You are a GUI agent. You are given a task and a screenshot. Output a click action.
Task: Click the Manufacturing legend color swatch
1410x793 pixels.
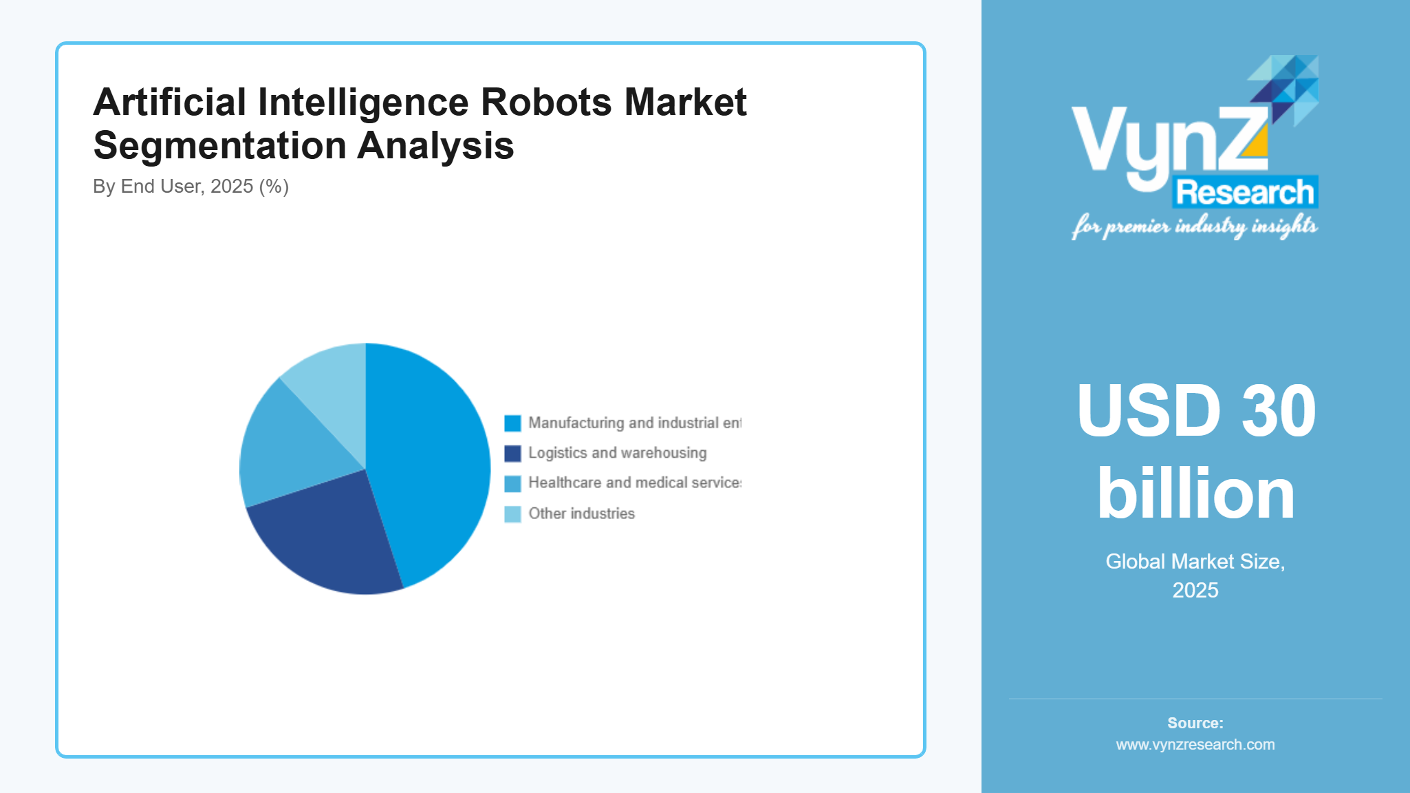[x=512, y=423]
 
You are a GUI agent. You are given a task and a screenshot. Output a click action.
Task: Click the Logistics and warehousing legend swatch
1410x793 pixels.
[x=512, y=454]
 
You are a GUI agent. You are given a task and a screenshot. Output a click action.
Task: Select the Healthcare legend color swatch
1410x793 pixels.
[x=512, y=484]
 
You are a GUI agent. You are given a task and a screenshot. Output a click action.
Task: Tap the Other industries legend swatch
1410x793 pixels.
[x=512, y=514]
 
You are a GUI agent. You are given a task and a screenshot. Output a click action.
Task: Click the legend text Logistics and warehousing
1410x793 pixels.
[x=617, y=453]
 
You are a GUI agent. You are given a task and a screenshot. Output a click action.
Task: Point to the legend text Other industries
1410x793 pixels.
[x=581, y=514]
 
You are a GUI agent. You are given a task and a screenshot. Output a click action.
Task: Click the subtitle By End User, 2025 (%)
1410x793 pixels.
[x=191, y=187]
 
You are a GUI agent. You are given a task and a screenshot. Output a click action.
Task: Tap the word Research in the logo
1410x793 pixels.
[x=1245, y=192]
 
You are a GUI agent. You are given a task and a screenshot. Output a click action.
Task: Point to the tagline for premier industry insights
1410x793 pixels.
[x=1194, y=226]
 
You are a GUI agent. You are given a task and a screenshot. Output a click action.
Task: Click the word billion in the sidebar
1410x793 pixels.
[x=1195, y=494]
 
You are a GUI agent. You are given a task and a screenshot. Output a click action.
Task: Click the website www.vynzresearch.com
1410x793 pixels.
[x=1195, y=745]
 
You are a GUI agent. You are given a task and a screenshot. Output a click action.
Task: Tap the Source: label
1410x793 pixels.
[x=1195, y=723]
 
